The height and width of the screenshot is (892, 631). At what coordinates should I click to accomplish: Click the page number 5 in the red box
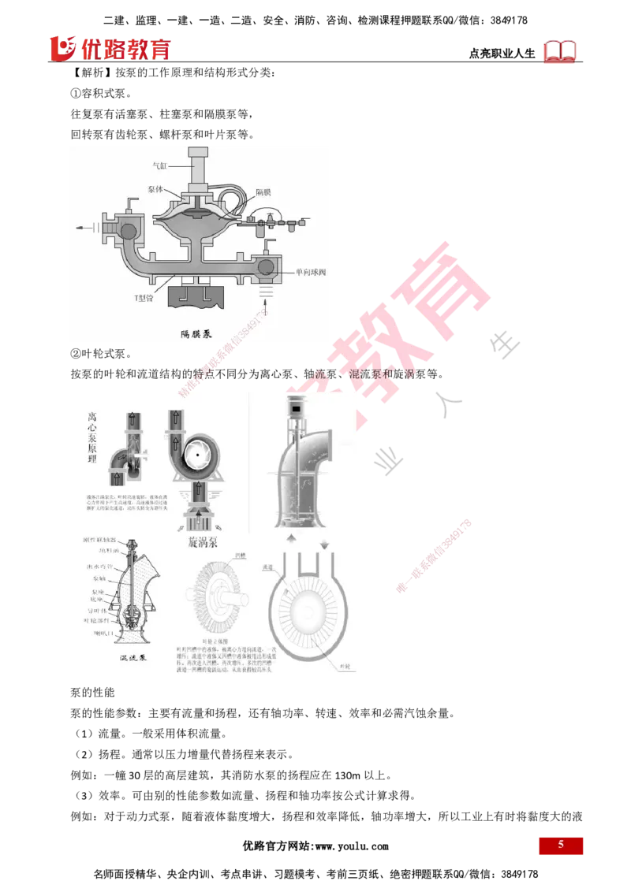coord(561,845)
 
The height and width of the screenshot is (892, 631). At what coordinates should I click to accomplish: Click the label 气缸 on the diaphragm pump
coord(160,166)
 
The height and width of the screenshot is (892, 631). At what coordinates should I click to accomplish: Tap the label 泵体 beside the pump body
coord(155,190)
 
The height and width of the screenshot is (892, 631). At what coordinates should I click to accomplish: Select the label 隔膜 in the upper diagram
coord(263,191)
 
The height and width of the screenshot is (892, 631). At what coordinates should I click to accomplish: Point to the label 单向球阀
coord(311,272)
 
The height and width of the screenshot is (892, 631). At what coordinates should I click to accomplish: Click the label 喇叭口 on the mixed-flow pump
coord(103,630)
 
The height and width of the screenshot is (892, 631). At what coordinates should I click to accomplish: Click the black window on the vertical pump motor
coord(298,410)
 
